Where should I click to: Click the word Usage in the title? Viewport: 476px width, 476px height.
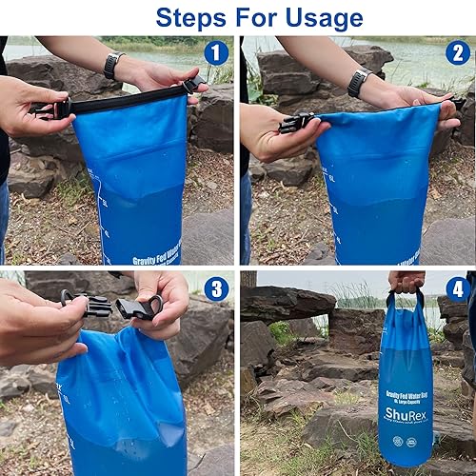pyautogui.click(x=322, y=17)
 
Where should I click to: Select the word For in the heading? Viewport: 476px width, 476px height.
pyautogui.click(x=255, y=17)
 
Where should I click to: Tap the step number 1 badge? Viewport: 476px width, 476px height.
pyautogui.click(x=216, y=53)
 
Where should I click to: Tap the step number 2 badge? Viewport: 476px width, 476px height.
pyautogui.click(x=458, y=53)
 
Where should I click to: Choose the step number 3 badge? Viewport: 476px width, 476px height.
pyautogui.click(x=216, y=288)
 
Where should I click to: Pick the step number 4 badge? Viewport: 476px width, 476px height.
pyautogui.click(x=458, y=288)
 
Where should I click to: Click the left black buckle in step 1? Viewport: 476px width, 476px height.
pyautogui.click(x=50, y=109)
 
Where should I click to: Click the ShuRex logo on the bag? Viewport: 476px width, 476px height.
pyautogui.click(x=406, y=415)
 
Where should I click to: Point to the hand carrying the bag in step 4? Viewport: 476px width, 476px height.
pyautogui.click(x=407, y=281)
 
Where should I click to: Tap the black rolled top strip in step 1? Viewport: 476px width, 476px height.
pyautogui.click(x=124, y=96)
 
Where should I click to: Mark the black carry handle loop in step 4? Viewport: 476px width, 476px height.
pyautogui.click(x=407, y=303)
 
